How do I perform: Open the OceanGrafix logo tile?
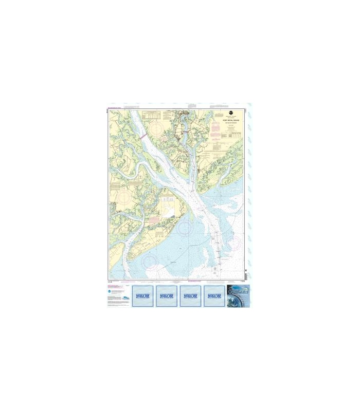pyautogui.click(x=238, y=296)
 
